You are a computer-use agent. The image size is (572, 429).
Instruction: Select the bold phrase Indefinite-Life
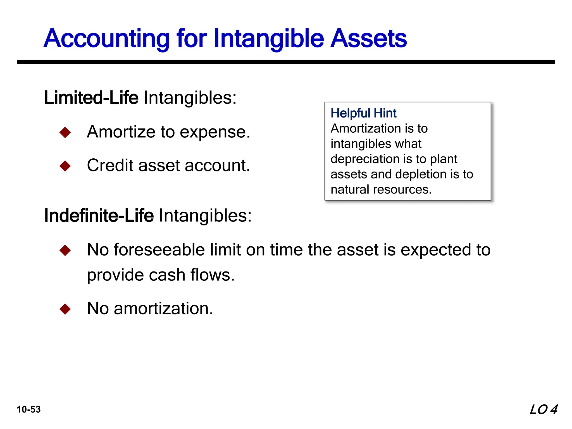(99, 216)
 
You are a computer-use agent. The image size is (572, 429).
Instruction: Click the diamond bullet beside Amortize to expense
(65, 132)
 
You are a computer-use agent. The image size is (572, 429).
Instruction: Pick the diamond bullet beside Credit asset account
(65, 166)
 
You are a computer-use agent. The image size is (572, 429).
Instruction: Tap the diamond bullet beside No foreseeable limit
(65, 250)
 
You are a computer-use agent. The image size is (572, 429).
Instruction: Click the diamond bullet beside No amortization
(65, 309)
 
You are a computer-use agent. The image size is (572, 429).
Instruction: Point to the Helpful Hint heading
(363, 113)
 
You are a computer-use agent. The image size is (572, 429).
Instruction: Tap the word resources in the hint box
(402, 189)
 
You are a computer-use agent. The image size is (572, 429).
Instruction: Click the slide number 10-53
(28, 409)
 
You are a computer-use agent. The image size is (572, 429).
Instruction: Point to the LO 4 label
(543, 409)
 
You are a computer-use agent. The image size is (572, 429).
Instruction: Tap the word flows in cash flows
(212, 275)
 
